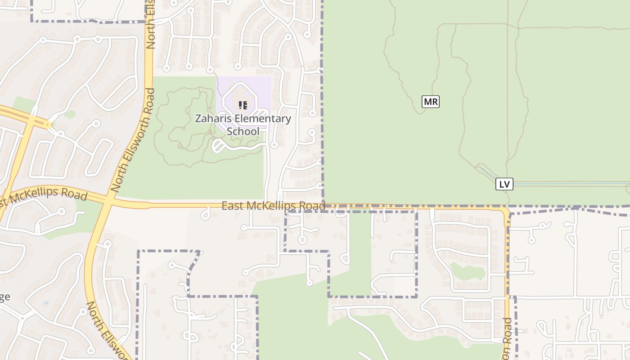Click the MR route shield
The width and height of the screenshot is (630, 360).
pos(431,102)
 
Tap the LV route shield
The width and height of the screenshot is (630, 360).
pos(504,184)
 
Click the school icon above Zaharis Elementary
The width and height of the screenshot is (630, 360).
pos(243,105)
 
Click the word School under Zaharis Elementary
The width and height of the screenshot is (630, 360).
pos(243,131)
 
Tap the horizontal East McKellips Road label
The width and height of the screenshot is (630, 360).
pos(273,206)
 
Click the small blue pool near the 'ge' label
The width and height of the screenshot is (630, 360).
pos(46,303)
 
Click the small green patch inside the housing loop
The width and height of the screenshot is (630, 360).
pos(468,271)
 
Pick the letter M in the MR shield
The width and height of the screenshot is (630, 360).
pos(427,102)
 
